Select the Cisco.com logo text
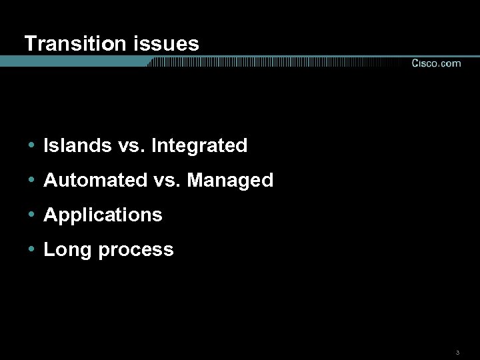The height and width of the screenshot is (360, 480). pos(435,63)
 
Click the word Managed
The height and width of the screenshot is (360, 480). pos(231,180)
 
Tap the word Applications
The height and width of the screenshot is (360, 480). pos(103,215)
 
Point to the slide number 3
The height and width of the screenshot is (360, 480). pos(457,351)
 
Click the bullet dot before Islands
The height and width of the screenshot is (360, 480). pos(31,145)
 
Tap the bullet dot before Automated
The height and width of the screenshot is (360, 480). pos(31,180)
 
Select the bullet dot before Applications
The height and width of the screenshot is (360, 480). pos(31,215)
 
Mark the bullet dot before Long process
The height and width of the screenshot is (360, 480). pos(31,249)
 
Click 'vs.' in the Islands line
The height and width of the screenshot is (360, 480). pos(127,145)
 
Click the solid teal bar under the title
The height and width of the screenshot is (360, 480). pos(73,61)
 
